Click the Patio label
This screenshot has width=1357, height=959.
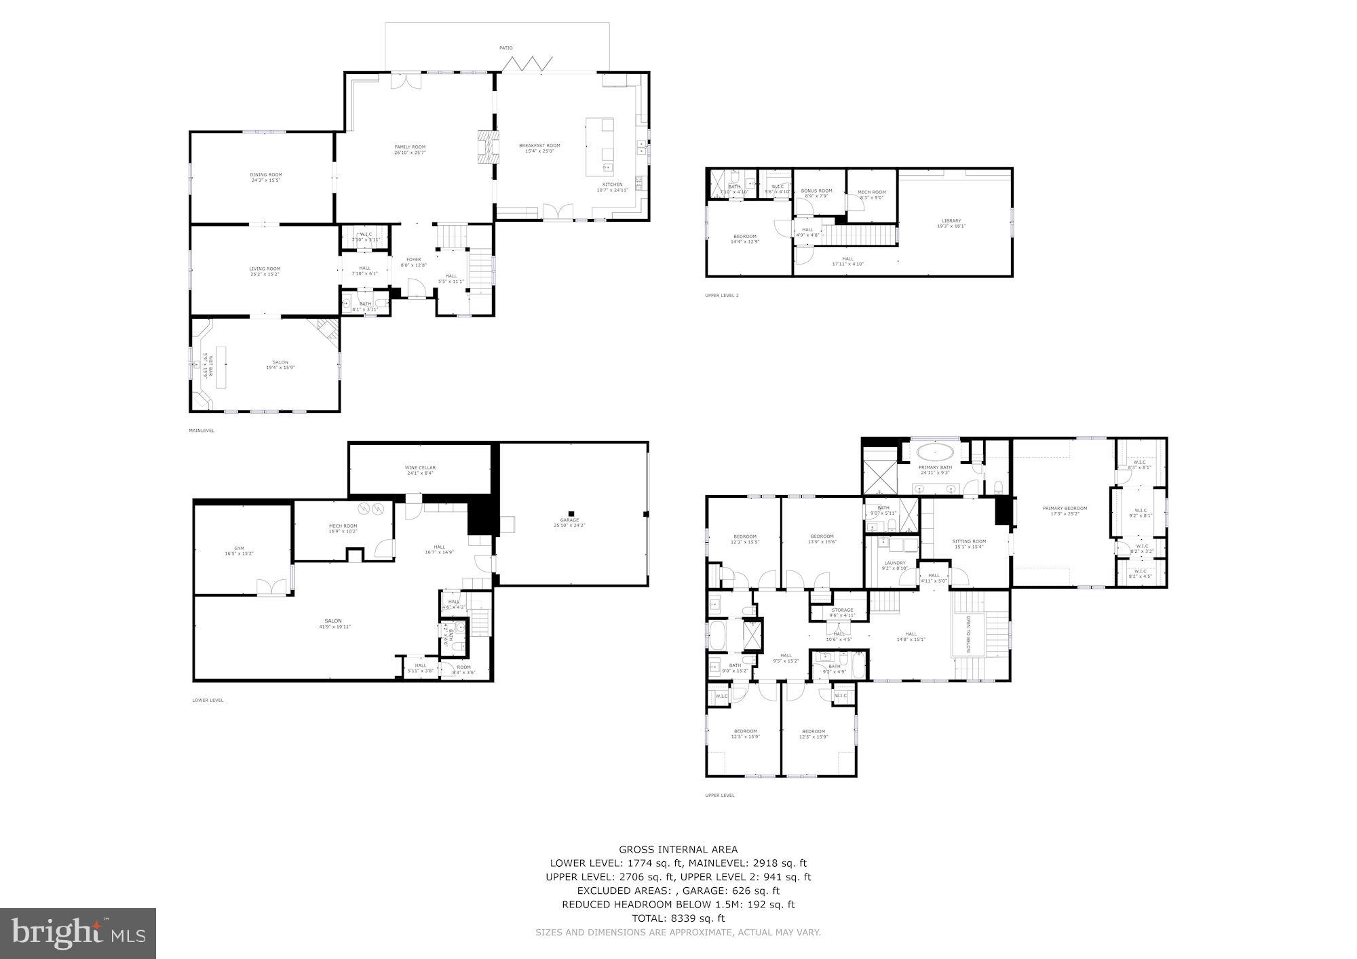tap(506, 48)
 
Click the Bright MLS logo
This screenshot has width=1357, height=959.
tap(79, 933)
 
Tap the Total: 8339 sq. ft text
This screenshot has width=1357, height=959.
tap(678, 918)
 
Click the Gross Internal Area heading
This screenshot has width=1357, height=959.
tap(678, 849)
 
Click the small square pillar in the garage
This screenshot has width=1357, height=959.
tap(572, 513)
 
